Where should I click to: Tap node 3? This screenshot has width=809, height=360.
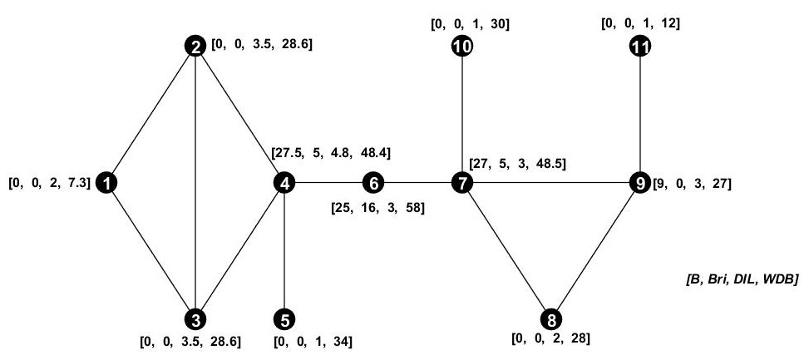pyautogui.click(x=195, y=318)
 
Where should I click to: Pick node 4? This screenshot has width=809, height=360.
pyautogui.click(x=285, y=181)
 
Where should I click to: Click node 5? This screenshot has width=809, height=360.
pyautogui.click(x=285, y=318)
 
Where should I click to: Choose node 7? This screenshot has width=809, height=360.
pyautogui.click(x=461, y=181)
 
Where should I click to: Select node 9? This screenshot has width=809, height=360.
pyautogui.click(x=639, y=181)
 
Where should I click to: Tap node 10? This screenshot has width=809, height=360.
pyautogui.click(x=461, y=47)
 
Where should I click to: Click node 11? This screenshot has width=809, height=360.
pyautogui.click(x=639, y=47)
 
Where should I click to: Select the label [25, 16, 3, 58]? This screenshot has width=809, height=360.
pyautogui.click(x=377, y=207)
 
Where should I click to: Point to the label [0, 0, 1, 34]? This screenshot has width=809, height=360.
pyautogui.click(x=313, y=342)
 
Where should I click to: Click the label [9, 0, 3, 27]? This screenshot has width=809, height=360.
pyautogui.click(x=692, y=182)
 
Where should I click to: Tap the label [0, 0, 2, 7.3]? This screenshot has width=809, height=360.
pyautogui.click(x=49, y=181)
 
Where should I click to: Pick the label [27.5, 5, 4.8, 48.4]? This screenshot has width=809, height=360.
pyautogui.click(x=332, y=154)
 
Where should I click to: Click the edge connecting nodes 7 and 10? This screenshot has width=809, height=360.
pyautogui.click(x=461, y=114)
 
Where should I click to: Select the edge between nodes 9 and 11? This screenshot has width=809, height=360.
pyautogui.click(x=639, y=114)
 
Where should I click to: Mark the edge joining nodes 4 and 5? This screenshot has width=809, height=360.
pyautogui.click(x=285, y=249)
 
